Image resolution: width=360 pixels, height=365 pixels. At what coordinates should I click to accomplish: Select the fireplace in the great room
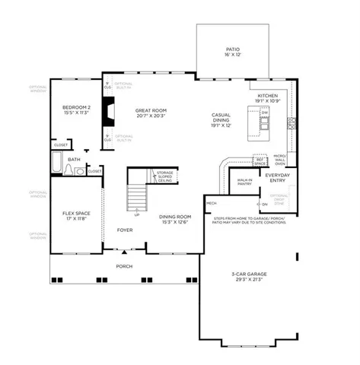[x=110, y=114]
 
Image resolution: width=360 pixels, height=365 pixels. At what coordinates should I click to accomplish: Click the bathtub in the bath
[x=57, y=163]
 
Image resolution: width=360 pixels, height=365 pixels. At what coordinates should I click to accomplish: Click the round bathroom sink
[x=80, y=172]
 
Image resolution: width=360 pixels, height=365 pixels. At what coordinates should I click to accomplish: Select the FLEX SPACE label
[x=76, y=215]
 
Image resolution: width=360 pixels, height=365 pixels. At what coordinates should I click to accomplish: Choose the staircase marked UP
[x=137, y=198]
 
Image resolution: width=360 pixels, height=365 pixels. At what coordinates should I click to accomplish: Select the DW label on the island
[x=264, y=113]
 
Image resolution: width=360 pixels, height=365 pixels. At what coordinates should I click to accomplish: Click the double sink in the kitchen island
[x=264, y=122]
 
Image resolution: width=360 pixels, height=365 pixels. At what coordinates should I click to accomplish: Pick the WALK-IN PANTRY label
[x=244, y=182]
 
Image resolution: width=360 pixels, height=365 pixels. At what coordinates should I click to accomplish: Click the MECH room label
[x=212, y=204]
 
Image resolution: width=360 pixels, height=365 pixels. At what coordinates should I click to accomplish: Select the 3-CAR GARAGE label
[x=247, y=277]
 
